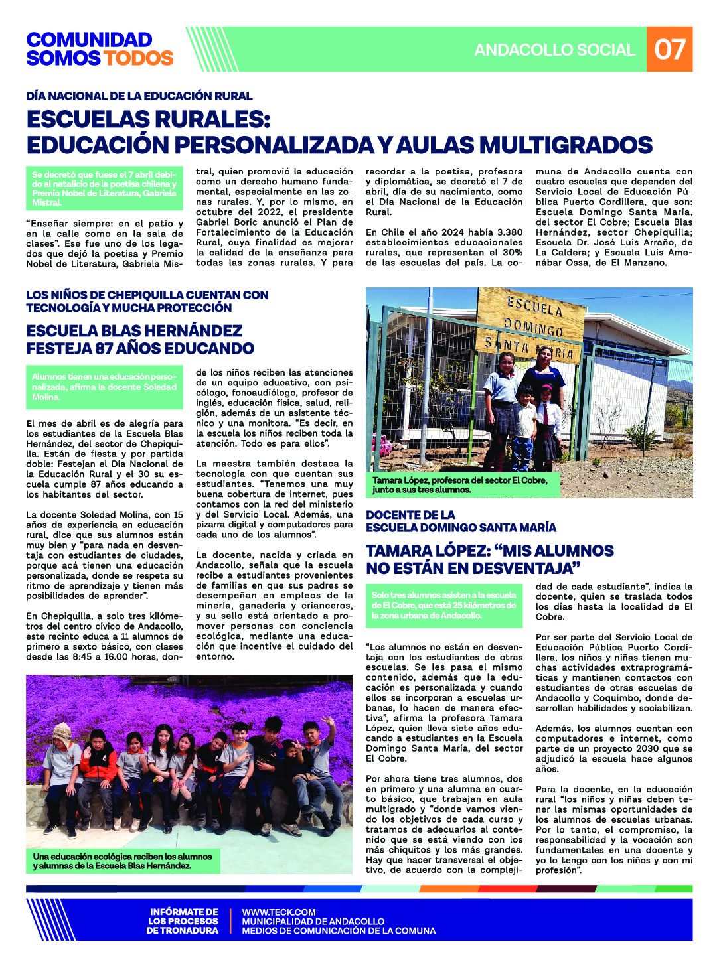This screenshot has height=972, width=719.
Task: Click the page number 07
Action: [669, 50]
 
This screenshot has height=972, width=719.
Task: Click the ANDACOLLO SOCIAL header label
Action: [554, 50]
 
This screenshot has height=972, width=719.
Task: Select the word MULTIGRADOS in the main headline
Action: [565, 145]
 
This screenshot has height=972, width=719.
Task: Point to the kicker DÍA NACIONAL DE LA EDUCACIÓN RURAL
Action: [139, 96]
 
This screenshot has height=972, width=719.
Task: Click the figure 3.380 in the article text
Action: [507, 232]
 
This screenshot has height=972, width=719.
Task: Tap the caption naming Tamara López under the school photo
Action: [460, 485]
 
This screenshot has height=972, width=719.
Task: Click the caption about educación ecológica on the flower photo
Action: [122, 861]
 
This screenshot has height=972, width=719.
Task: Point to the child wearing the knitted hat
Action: [62, 732]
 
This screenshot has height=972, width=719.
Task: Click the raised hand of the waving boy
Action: [327, 721]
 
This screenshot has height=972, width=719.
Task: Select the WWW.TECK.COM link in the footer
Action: [279, 912]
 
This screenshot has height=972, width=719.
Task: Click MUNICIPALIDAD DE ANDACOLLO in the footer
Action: [313, 922]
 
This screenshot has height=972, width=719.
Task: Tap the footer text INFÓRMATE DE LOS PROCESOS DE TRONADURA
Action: [183, 921]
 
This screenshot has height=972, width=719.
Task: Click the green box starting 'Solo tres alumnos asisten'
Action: [444, 605]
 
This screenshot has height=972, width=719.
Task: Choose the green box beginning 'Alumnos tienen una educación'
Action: [104, 387]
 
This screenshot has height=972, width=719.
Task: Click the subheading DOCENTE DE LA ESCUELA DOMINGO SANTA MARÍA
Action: [461, 521]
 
